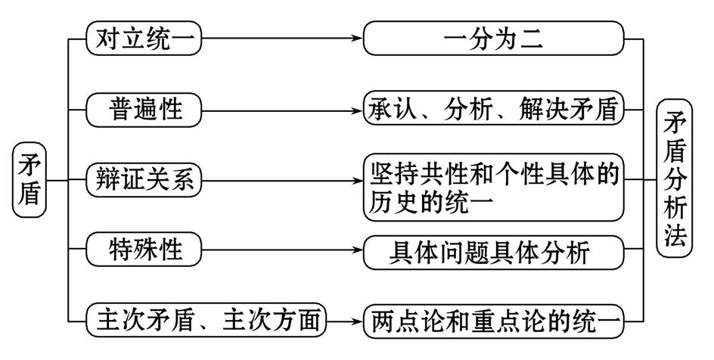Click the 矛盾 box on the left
[29, 179]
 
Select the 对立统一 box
[144, 39]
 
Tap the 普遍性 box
[144, 110]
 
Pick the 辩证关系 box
[144, 180]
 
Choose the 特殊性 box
[144, 250]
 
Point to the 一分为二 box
[494, 39]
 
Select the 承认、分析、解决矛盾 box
[494, 110]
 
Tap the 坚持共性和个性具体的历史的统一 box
[494, 186]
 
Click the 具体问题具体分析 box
[494, 251]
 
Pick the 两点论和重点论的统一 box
[494, 322]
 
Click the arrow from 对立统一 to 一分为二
[284, 39]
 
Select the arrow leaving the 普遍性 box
[284, 110]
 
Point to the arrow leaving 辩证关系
[284, 181]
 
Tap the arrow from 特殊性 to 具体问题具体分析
[284, 250]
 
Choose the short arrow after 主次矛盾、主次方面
[346, 322]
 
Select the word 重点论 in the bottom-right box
[491, 322]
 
